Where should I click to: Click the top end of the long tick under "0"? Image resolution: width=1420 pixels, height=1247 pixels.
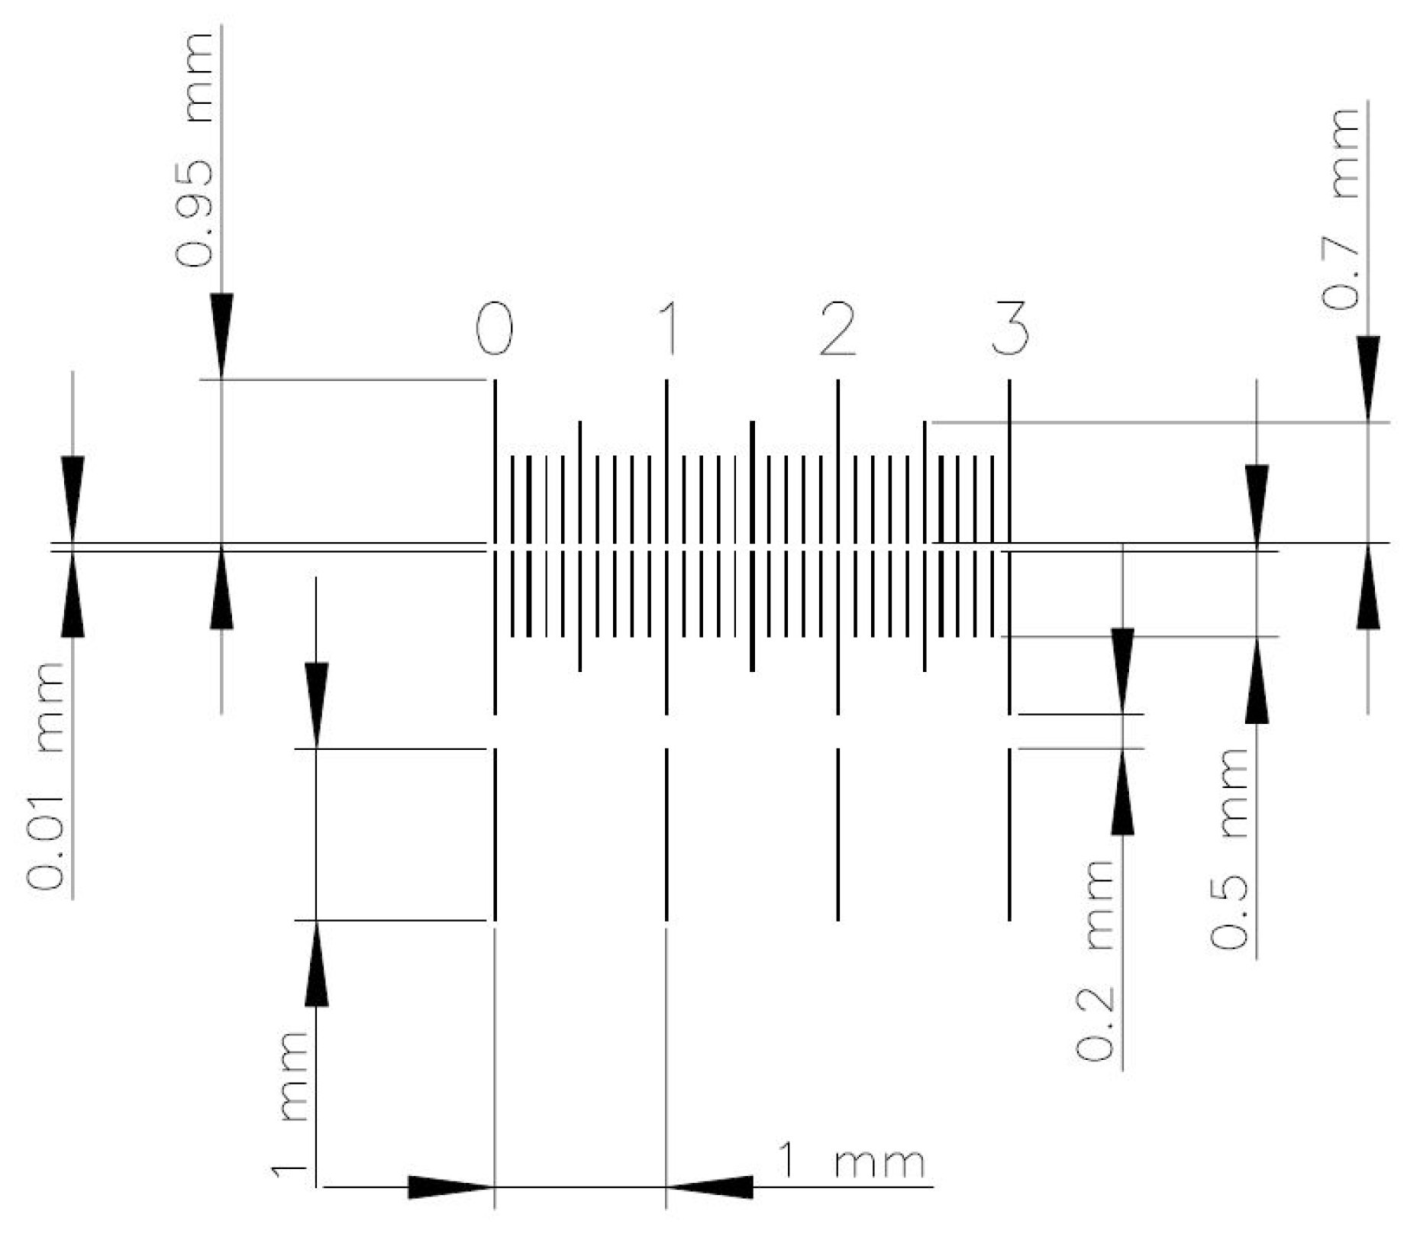(495, 380)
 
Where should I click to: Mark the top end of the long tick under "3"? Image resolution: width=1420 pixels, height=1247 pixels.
(1010, 380)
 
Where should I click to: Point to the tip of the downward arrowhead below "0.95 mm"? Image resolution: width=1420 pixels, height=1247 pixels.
(221, 378)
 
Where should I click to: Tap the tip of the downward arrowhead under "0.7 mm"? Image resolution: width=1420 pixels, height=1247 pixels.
(1368, 422)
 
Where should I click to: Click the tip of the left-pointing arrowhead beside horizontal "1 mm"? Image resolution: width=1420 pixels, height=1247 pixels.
(666, 1187)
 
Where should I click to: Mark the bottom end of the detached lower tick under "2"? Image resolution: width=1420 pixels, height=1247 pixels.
(838, 920)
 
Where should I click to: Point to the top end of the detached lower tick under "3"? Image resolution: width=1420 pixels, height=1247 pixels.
(1010, 749)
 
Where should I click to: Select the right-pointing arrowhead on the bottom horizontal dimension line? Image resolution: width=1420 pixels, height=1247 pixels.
(451, 1187)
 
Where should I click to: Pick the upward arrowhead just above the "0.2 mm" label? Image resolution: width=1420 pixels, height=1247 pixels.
(1122, 791)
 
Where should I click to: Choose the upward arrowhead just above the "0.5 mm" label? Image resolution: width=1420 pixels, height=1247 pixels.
(1257, 680)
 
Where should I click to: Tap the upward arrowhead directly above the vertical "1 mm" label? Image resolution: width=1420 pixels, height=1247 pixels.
(317, 963)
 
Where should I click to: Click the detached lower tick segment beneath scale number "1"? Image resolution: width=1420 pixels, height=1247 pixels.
(667, 835)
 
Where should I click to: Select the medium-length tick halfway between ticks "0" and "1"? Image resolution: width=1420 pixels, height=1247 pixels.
(580, 545)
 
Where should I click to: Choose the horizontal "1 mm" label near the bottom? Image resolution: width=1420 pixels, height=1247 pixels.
(850, 1161)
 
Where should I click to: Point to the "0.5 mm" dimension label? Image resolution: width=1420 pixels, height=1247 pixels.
(1229, 848)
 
